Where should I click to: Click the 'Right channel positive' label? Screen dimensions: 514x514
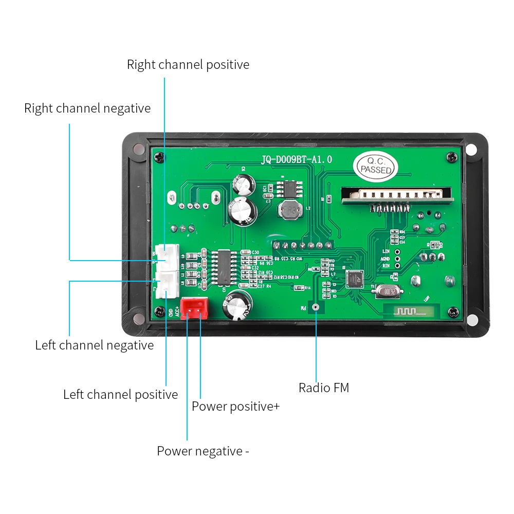(x=188, y=65)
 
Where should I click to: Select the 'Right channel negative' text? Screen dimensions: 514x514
(x=87, y=108)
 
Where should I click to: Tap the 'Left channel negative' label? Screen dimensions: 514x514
(x=94, y=345)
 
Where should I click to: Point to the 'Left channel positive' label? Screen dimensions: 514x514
(x=120, y=395)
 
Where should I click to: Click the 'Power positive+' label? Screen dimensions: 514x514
(x=235, y=407)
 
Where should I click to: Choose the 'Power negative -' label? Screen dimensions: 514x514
(x=203, y=451)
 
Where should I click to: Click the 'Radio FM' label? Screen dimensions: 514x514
(x=324, y=388)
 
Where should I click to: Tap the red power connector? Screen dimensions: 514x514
(x=194, y=308)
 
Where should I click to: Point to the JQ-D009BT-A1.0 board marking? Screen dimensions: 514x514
(x=297, y=160)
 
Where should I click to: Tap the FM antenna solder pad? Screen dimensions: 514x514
(x=315, y=308)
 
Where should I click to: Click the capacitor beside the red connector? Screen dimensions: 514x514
(x=237, y=305)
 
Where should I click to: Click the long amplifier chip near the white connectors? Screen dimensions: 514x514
(x=224, y=266)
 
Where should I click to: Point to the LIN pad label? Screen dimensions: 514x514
(x=386, y=251)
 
